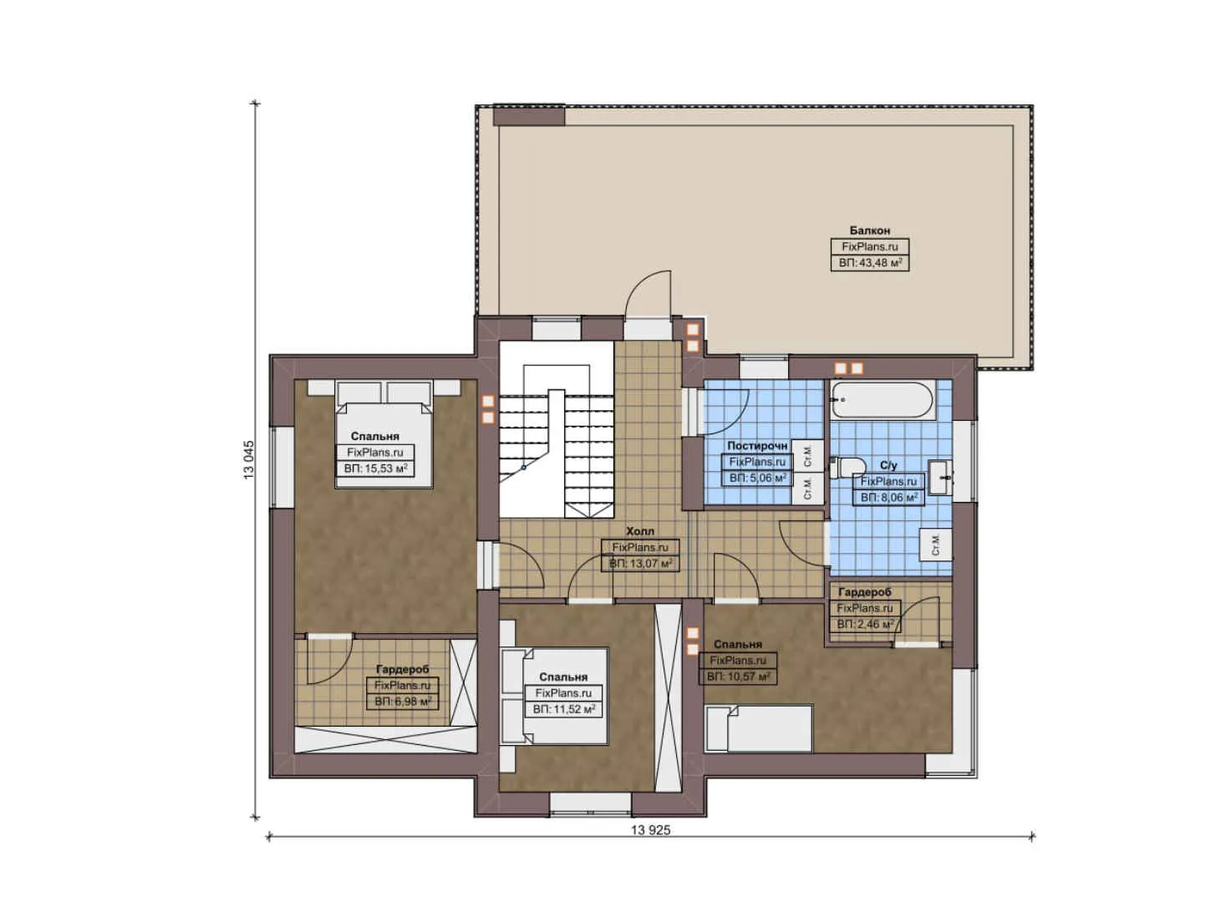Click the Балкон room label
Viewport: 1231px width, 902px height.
click(869, 230)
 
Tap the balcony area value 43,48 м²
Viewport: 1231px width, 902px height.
click(870, 263)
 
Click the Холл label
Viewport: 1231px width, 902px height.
click(640, 530)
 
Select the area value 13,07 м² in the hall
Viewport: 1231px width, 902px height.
click(641, 564)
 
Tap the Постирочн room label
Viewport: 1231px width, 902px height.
click(757, 445)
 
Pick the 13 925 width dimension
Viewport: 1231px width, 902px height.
click(650, 829)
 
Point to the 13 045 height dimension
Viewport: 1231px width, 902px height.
click(249, 459)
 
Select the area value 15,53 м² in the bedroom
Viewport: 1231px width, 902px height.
click(375, 469)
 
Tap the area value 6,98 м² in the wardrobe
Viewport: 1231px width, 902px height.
click(402, 702)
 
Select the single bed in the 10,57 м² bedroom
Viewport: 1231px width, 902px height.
click(759, 728)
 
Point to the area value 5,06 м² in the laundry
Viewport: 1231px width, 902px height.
click(757, 478)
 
